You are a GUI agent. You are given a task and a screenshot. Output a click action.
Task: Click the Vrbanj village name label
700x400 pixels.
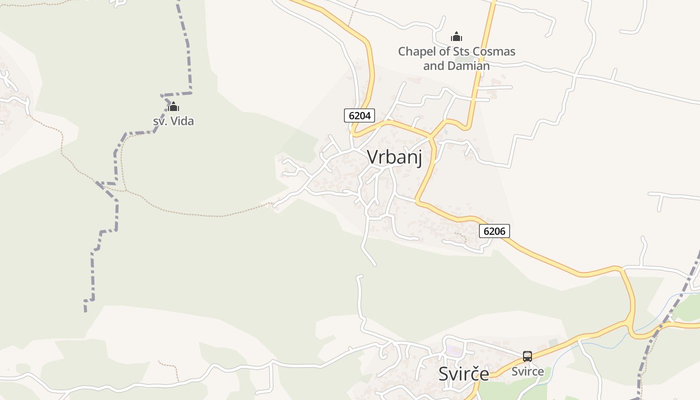394,157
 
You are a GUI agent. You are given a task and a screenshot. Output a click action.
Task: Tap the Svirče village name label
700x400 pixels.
463,373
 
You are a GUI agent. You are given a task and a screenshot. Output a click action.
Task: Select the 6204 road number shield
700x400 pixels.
359,115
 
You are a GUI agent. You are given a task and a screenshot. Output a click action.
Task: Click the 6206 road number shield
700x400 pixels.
494,231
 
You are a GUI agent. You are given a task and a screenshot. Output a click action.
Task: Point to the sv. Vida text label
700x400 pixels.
173,121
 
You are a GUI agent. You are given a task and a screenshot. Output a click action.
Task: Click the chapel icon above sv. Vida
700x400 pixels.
173,106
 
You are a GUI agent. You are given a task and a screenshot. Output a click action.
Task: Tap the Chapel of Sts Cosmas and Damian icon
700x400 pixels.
456,36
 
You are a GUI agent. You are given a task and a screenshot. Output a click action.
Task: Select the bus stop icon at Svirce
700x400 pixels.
527,356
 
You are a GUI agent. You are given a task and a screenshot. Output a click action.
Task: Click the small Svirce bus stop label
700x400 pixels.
527,371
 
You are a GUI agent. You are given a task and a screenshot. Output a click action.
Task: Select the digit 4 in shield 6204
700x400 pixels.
368,115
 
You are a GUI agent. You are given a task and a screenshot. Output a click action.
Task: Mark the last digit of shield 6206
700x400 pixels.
503,231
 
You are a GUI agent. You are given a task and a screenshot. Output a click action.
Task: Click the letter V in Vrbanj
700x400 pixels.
372,157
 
